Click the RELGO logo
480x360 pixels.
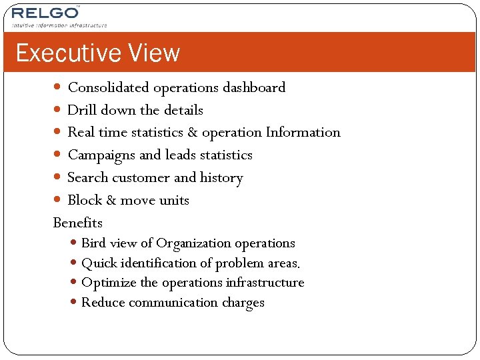(x=45, y=12)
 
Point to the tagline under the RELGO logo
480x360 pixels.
(x=59, y=25)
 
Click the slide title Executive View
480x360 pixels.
(x=98, y=53)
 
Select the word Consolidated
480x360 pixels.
(x=109, y=87)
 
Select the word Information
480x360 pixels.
(x=303, y=133)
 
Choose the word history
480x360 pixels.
(x=221, y=178)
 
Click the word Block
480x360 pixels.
(x=84, y=200)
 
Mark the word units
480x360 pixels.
(x=174, y=200)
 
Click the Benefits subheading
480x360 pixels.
(x=78, y=223)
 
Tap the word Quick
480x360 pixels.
(x=98, y=263)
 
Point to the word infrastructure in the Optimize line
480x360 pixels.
(x=265, y=283)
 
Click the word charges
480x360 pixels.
(x=243, y=303)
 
